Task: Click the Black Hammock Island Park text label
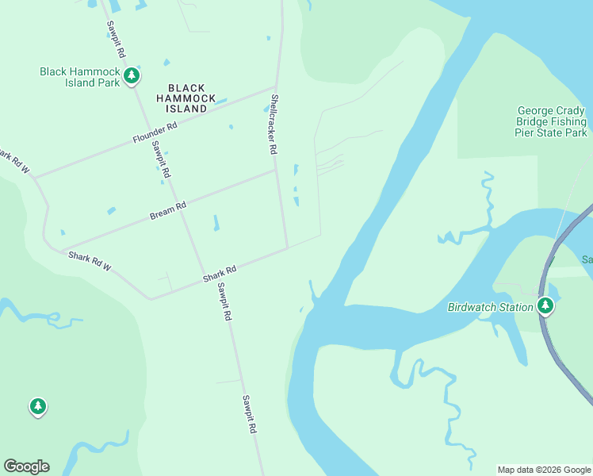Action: [79, 77]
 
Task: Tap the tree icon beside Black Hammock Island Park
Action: [132, 77]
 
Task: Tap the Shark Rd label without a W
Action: [220, 274]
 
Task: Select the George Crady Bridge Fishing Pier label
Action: [552, 122]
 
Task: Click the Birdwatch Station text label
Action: [490, 307]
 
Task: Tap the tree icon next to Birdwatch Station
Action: [545, 306]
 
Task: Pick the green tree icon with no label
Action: [37, 407]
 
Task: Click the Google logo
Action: [26, 466]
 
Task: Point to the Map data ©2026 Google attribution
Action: [545, 470]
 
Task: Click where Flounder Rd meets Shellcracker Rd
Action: [275, 88]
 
